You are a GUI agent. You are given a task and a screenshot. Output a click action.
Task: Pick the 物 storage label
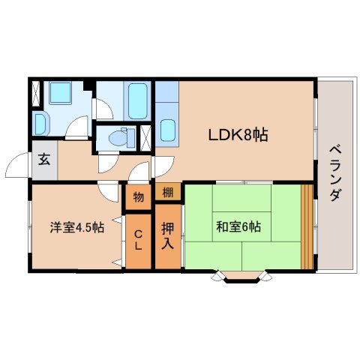pyautogui.click(x=139, y=196)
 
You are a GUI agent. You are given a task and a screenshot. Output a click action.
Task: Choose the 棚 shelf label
pyautogui.click(x=168, y=192)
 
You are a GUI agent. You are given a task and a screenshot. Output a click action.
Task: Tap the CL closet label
pyautogui.click(x=138, y=241)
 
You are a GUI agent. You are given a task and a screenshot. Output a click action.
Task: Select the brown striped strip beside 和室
pyautogui.click(x=306, y=225)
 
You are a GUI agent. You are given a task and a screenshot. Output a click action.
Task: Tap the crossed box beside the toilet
pyautogui.click(x=145, y=137)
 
